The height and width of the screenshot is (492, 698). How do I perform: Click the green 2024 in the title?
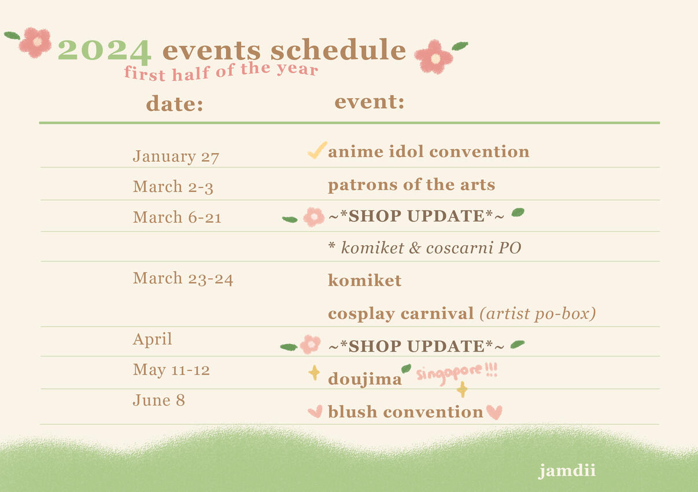click(x=105, y=51)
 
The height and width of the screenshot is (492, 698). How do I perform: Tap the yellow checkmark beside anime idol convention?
click(x=317, y=150)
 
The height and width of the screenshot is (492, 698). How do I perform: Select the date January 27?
click(x=176, y=157)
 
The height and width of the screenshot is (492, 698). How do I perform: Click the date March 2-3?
click(x=173, y=187)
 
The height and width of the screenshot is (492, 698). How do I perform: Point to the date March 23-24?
click(x=183, y=278)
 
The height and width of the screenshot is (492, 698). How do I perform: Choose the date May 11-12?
click(x=171, y=370)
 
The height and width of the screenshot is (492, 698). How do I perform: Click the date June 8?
click(x=159, y=400)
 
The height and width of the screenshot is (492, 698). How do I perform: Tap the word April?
click(x=152, y=339)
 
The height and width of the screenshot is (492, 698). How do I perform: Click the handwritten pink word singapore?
click(x=449, y=373)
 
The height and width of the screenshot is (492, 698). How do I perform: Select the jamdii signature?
click(x=567, y=471)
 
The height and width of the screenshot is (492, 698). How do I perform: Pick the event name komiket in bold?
click(x=364, y=280)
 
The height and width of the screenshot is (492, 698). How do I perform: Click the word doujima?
click(x=364, y=379)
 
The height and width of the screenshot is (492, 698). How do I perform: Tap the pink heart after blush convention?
click(x=494, y=412)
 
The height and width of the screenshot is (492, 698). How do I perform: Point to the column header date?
click(x=175, y=103)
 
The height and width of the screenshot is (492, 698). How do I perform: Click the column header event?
click(x=370, y=102)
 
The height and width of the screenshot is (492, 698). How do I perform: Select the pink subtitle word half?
click(x=191, y=73)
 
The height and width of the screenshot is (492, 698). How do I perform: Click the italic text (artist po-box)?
click(x=538, y=314)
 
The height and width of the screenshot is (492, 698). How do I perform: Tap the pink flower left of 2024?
click(x=35, y=42)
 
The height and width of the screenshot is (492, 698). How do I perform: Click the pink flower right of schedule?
click(x=434, y=57)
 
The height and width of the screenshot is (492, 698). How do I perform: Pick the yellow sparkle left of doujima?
click(x=314, y=373)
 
